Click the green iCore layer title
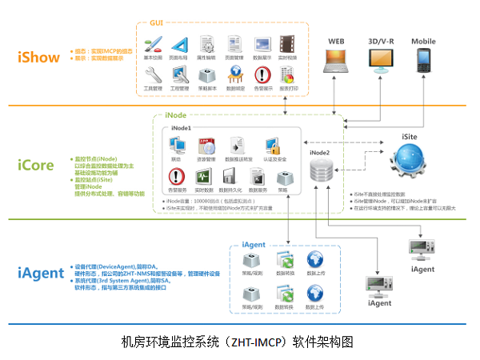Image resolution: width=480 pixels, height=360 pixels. click(x=36, y=166)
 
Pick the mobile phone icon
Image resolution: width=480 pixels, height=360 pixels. click(x=423, y=60)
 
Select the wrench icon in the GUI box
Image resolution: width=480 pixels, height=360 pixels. click(x=153, y=74)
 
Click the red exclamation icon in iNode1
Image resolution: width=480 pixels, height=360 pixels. click(x=176, y=177)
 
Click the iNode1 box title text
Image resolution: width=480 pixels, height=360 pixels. click(x=181, y=128)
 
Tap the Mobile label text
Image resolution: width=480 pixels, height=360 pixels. click(x=423, y=41)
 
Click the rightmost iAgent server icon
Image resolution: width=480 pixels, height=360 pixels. click(x=422, y=249)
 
